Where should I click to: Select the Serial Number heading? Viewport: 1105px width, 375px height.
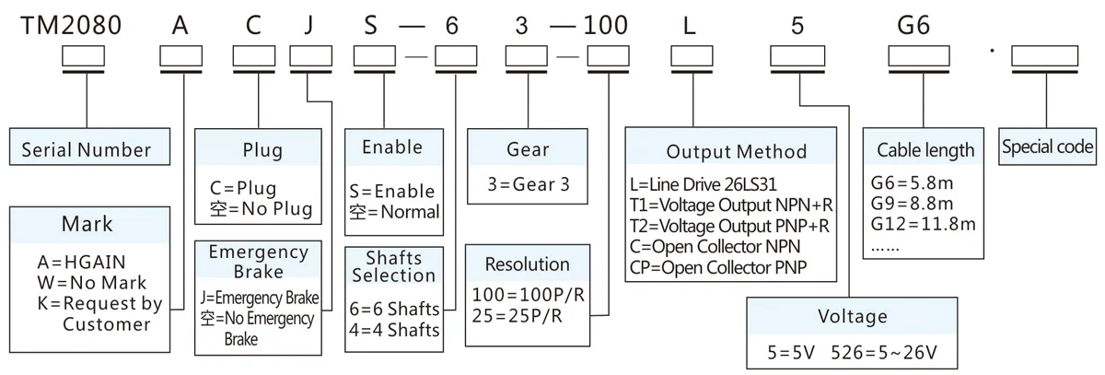[86, 149]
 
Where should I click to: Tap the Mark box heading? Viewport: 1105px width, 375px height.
[87, 224]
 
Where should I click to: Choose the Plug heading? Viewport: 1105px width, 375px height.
[262, 149]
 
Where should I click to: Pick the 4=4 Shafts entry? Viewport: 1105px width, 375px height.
[394, 329]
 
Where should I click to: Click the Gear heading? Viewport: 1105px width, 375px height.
[528, 149]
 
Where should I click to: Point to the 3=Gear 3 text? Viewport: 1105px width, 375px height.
[529, 182]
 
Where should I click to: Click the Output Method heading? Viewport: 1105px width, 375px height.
[736, 152]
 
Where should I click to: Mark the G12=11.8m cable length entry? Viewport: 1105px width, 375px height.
[921, 224]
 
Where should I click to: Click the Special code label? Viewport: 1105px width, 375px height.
[1048, 147]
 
